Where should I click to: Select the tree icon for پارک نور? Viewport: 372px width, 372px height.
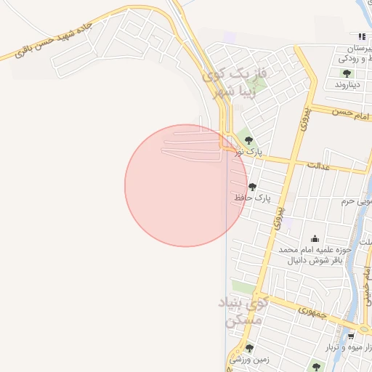click(248, 140)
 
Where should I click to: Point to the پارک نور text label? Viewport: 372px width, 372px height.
click(247, 152)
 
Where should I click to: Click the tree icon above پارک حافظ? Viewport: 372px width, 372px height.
click(252, 187)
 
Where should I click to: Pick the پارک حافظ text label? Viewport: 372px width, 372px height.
click(251, 198)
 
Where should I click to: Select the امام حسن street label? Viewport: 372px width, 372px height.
click(352, 113)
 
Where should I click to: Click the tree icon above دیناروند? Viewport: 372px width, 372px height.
click(347, 73)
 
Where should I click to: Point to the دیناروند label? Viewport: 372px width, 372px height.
click(348, 84)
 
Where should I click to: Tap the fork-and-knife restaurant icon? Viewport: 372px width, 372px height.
click(361, 36)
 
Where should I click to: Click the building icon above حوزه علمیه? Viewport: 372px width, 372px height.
click(315, 238)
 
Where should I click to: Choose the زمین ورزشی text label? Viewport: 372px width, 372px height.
click(249, 359)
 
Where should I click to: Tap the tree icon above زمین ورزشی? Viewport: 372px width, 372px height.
click(249, 348)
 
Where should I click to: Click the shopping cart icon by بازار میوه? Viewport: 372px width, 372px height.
click(351, 336)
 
